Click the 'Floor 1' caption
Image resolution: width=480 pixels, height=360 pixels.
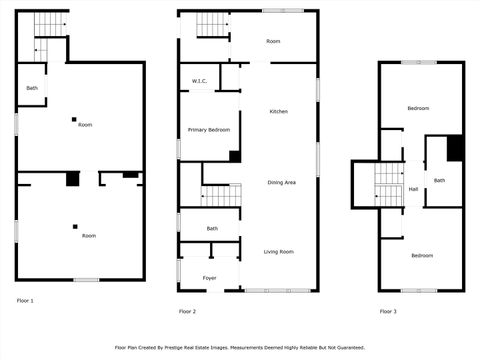(x=25, y=300)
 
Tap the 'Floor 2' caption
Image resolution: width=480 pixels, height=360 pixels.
(x=187, y=312)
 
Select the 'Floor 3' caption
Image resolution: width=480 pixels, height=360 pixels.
(x=388, y=312)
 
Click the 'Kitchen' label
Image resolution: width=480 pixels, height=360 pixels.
(x=278, y=111)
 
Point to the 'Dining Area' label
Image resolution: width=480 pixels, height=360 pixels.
(x=281, y=182)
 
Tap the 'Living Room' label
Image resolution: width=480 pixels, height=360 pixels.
(x=278, y=251)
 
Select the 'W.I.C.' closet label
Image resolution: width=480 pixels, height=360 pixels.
(x=199, y=81)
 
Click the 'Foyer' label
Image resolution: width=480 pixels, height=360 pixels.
(x=210, y=278)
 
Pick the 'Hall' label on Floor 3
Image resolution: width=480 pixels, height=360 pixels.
(x=413, y=188)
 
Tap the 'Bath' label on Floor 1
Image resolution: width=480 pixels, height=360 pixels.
(x=32, y=88)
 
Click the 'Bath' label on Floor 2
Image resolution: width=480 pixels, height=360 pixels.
(x=212, y=229)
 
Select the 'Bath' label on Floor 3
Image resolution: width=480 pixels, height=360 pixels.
(x=440, y=180)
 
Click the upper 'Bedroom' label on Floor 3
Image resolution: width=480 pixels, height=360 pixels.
(x=418, y=108)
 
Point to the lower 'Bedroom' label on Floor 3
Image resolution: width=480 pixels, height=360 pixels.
(x=422, y=255)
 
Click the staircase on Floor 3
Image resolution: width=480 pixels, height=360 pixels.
(x=388, y=184)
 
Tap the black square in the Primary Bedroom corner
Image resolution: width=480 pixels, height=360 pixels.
(x=235, y=156)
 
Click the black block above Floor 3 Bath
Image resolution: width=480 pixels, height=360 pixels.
(x=455, y=147)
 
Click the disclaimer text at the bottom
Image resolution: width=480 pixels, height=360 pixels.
(x=240, y=347)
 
